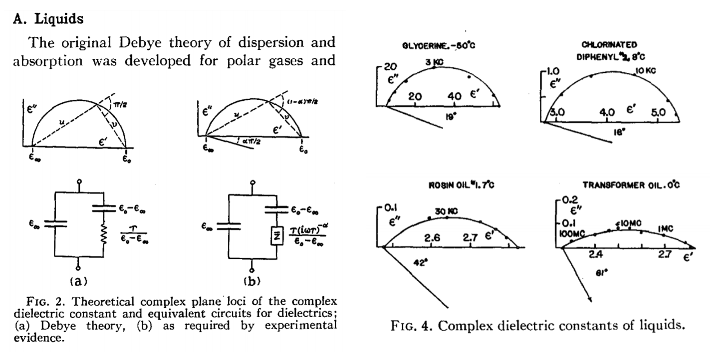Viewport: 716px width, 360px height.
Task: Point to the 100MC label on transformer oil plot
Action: [x=571, y=233]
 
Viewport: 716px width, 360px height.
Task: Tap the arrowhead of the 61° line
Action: [x=591, y=300]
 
